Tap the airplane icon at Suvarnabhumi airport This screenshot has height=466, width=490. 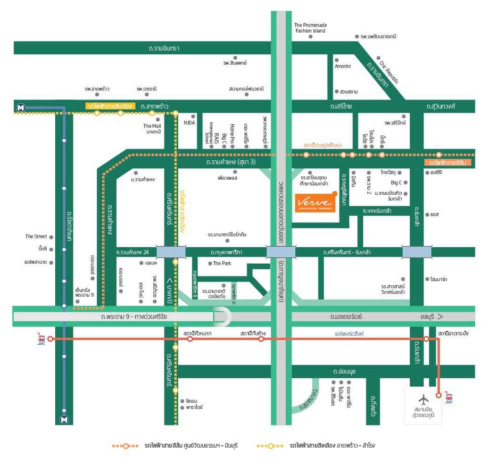[x=424, y=399]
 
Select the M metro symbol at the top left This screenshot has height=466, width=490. [x=20, y=108]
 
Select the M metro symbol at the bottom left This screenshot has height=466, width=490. [x=64, y=419]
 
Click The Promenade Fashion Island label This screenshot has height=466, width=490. [x=310, y=28]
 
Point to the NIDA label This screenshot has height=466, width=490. [x=189, y=123]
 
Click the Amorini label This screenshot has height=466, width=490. [x=342, y=66]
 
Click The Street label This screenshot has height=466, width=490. [x=36, y=236]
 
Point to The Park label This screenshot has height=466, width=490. [x=222, y=263]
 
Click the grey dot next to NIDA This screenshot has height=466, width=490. [x=193, y=116]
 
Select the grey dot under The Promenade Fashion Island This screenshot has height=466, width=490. [x=310, y=36]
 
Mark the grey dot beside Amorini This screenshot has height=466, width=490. [x=336, y=60]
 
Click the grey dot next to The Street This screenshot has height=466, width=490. [x=51, y=237]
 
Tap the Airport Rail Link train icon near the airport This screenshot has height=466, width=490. [x=448, y=397]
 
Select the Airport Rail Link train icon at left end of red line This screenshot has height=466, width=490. [x=42, y=338]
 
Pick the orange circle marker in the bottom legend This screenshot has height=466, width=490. [x=126, y=446]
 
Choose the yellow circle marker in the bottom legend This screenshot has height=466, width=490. [x=271, y=446]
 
